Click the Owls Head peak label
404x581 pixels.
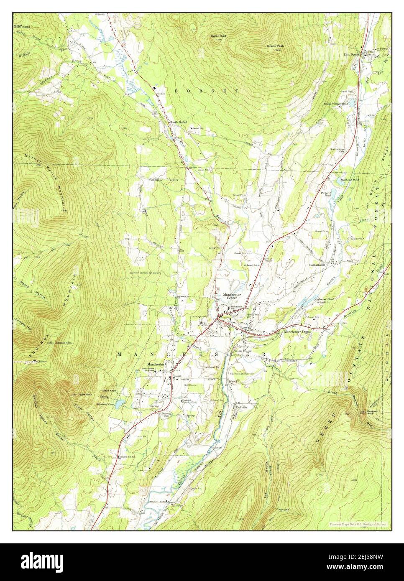click(218, 36)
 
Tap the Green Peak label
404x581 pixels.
click(275, 46)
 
